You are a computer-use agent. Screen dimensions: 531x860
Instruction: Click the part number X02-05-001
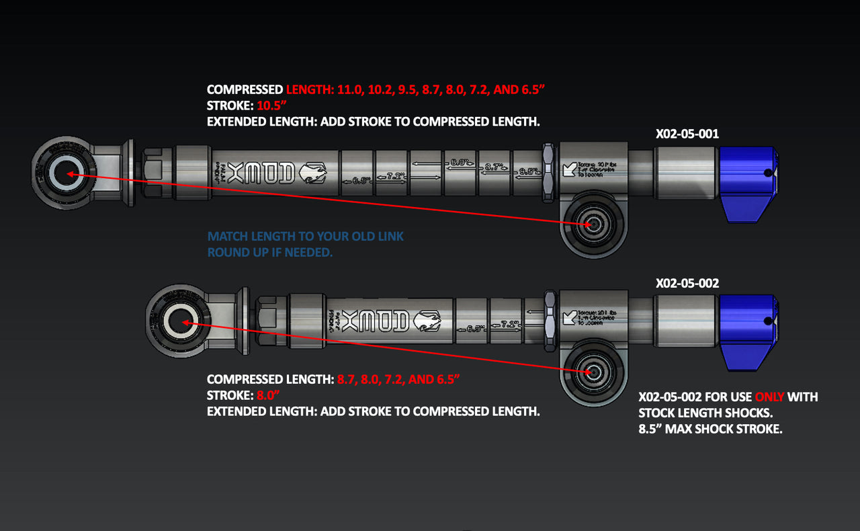pyautogui.click(x=687, y=134)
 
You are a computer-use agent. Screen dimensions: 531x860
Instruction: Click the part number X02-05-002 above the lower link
pyautogui.click(x=687, y=283)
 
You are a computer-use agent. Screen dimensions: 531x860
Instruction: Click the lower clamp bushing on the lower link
pyautogui.click(x=592, y=371)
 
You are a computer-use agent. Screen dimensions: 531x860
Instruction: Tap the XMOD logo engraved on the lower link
pyautogui.click(x=376, y=323)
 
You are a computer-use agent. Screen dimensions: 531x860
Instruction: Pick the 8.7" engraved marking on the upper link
pyautogui.click(x=494, y=167)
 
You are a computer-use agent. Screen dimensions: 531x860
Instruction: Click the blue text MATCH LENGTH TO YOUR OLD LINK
pyautogui.click(x=306, y=237)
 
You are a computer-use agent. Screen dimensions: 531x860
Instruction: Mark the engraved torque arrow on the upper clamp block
pyautogui.click(x=570, y=168)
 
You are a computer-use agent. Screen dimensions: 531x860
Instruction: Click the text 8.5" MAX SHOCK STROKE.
pyautogui.click(x=710, y=429)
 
